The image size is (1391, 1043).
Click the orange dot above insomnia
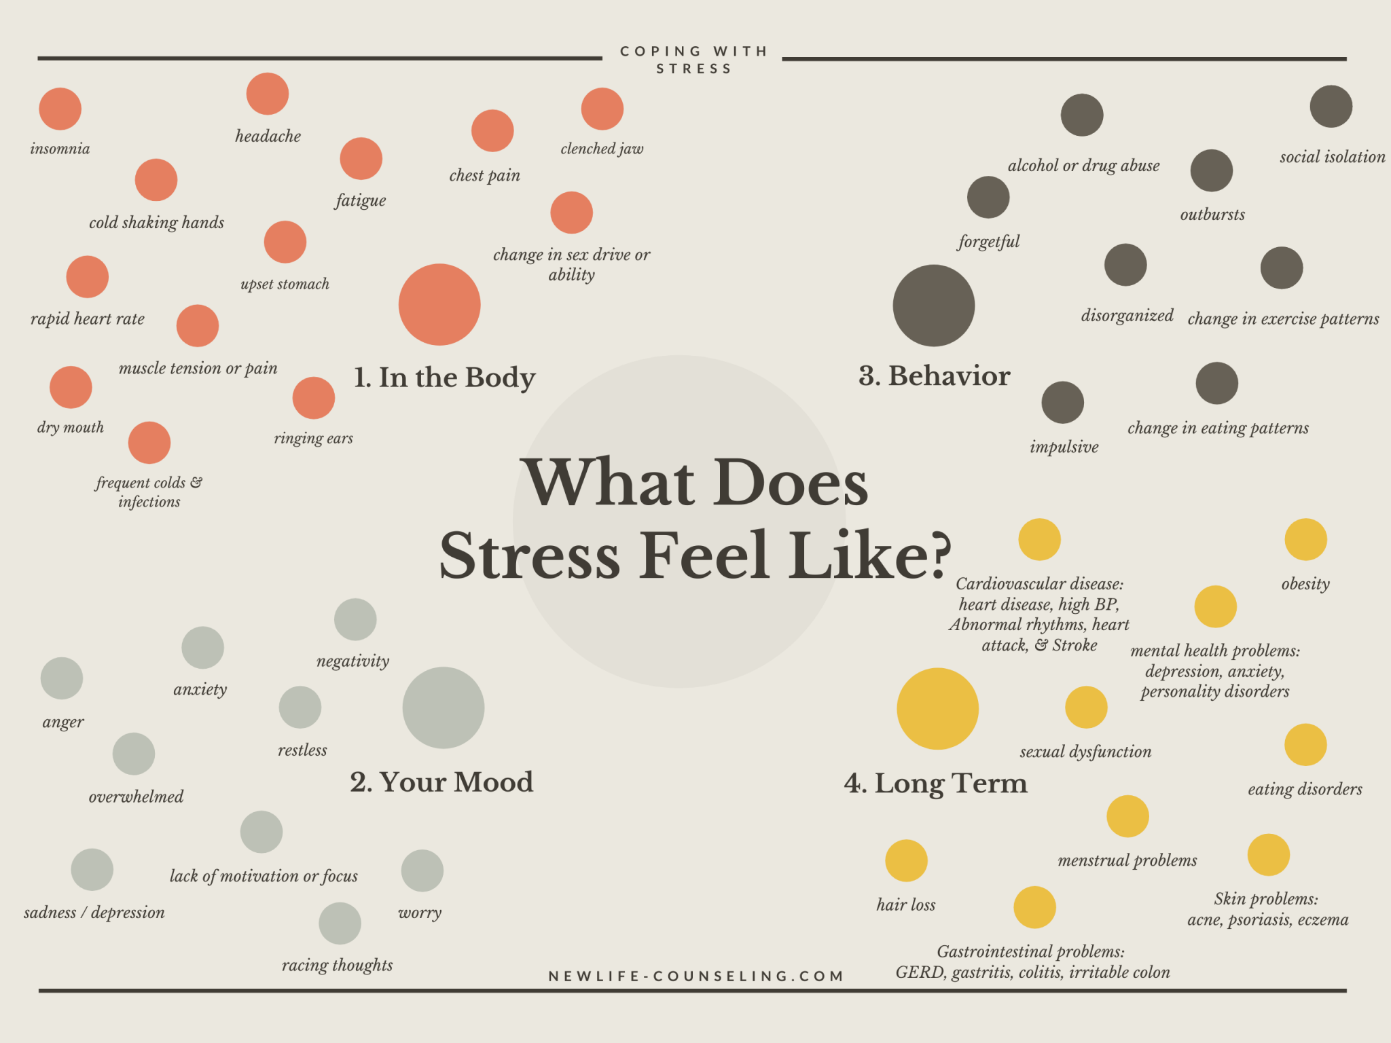point(60,109)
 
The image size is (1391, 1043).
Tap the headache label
point(268,136)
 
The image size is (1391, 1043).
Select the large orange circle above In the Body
point(439,305)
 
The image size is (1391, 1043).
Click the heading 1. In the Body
point(444,378)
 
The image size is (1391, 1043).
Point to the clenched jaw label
point(602,149)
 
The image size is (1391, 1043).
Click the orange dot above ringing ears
point(313,398)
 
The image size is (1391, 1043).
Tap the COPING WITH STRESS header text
point(693,60)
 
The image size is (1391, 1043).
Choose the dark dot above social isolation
point(1331,107)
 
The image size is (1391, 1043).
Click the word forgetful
point(988,242)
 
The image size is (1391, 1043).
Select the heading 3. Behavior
point(934,376)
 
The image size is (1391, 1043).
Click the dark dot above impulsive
point(1062,403)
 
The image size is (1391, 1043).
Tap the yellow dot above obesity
point(1305,540)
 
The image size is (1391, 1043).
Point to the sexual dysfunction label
point(1085,752)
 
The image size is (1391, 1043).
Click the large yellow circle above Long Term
point(937,709)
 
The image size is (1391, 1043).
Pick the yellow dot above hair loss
point(906,861)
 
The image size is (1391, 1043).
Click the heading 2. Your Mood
point(441,782)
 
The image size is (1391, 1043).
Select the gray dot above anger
point(62,678)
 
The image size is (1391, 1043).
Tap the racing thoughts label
point(337,965)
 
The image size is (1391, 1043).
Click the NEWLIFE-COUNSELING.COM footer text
point(695,976)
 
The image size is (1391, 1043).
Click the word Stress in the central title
point(530,555)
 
